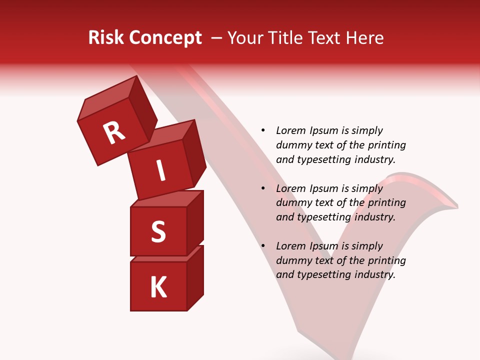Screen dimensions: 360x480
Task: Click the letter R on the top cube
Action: tap(114, 133)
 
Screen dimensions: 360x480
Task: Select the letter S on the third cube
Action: tap(158, 231)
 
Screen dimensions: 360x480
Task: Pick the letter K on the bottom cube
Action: tap(158, 287)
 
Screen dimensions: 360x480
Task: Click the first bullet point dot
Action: tap(263, 130)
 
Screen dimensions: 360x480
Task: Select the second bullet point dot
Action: tap(263, 188)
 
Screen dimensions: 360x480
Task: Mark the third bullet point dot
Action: tap(263, 246)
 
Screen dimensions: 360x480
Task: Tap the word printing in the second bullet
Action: tap(386, 202)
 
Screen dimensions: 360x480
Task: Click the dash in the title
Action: tap(217, 37)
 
